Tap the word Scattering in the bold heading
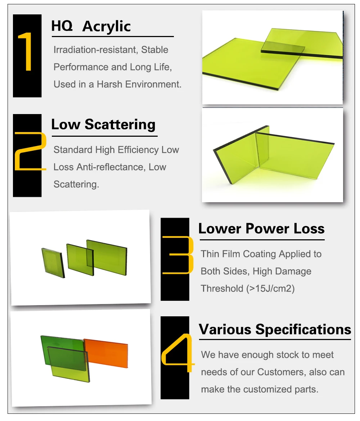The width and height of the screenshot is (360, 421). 120,125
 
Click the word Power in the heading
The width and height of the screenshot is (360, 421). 267,228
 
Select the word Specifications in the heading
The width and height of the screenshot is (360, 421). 303,330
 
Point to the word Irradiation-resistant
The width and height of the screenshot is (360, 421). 96,50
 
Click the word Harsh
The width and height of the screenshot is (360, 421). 109,84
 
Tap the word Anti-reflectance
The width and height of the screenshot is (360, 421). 109,167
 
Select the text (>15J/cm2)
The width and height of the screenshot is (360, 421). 270,289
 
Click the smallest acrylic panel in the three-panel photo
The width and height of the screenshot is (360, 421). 53,263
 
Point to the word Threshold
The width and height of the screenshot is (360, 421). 222,289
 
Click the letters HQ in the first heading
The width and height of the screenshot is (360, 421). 62,26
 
